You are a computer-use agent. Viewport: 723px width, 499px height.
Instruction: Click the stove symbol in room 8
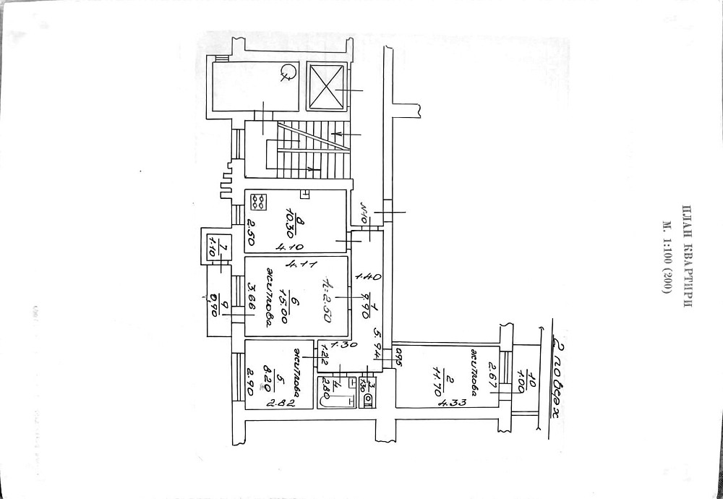[x=258, y=202]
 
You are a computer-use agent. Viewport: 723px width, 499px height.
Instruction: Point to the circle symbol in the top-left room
[x=288, y=71]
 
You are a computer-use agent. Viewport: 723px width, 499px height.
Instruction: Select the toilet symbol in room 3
[x=368, y=398]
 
